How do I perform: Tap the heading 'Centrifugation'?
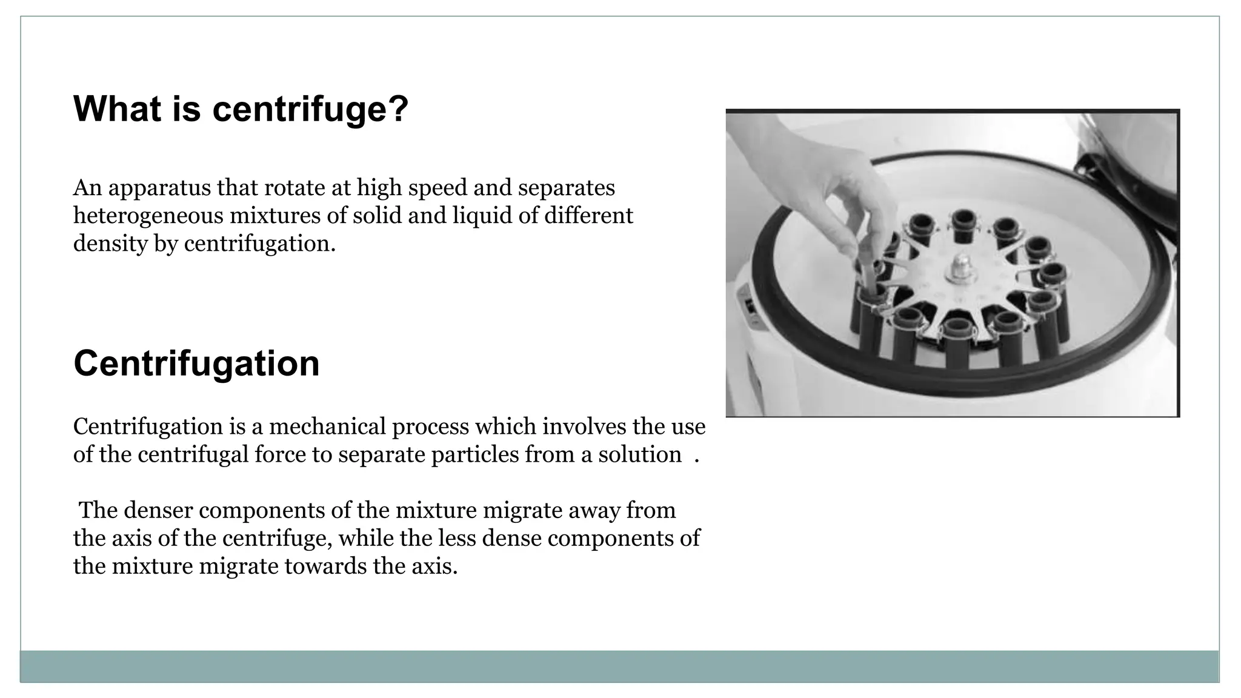(x=196, y=364)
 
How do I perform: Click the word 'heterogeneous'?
(x=148, y=216)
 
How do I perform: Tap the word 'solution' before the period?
(x=639, y=454)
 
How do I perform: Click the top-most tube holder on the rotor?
(x=962, y=221)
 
